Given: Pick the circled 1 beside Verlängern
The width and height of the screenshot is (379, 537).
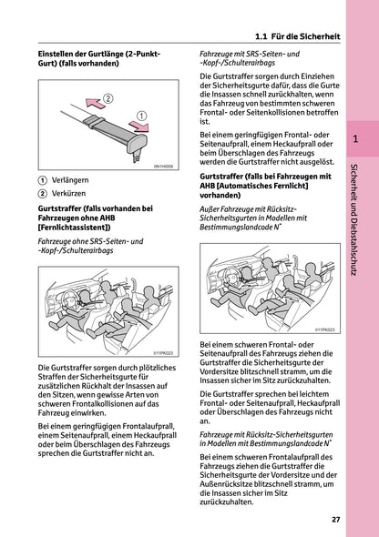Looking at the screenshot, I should point(42,179).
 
